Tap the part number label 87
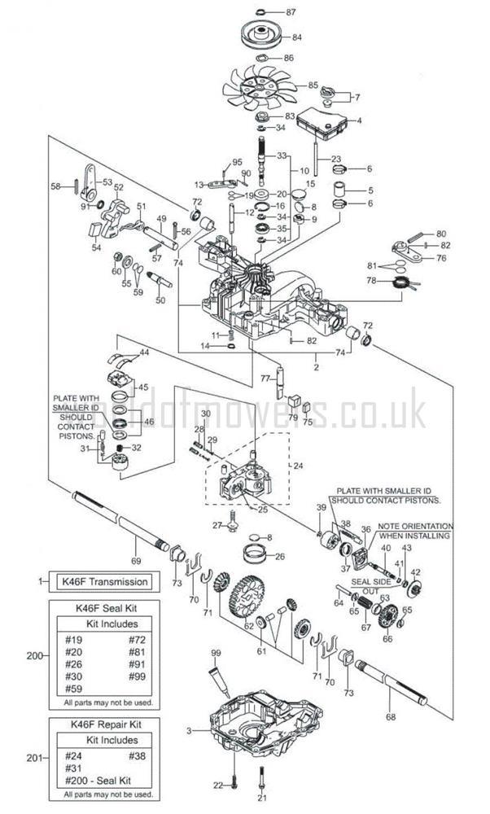coord(292,12)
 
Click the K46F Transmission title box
coord(105,581)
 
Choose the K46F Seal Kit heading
coord(105,607)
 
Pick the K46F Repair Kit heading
coord(106,723)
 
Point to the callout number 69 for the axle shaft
coord(136,562)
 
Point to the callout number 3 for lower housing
coord(189,731)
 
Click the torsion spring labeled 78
coord(402,283)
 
